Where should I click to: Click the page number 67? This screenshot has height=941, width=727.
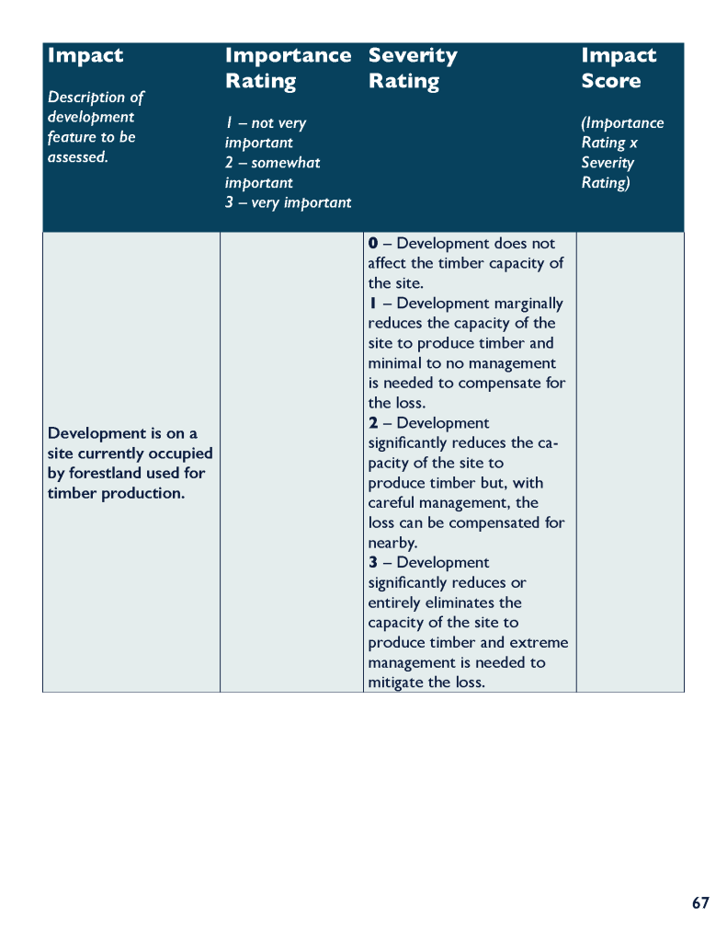(700, 903)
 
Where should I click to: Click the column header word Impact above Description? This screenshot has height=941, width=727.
(85, 56)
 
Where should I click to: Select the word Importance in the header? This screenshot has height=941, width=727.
(288, 56)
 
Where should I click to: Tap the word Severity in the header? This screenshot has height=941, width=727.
(412, 56)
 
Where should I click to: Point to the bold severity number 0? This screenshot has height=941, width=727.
(373, 244)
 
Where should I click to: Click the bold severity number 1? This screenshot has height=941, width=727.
(373, 304)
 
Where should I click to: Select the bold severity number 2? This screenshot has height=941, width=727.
(373, 423)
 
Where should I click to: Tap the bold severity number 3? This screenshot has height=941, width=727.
(373, 563)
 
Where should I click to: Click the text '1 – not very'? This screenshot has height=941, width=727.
(266, 123)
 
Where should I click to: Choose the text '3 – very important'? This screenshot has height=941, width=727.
(288, 202)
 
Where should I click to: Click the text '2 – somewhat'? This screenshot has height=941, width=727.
(272, 163)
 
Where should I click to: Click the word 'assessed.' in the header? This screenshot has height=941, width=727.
(77, 157)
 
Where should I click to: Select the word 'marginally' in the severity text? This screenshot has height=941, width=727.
(528, 304)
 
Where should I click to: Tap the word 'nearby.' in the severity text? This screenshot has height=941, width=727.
(392, 543)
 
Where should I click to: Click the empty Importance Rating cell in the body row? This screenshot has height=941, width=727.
(290, 461)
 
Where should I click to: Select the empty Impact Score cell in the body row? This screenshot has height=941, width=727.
(630, 461)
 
